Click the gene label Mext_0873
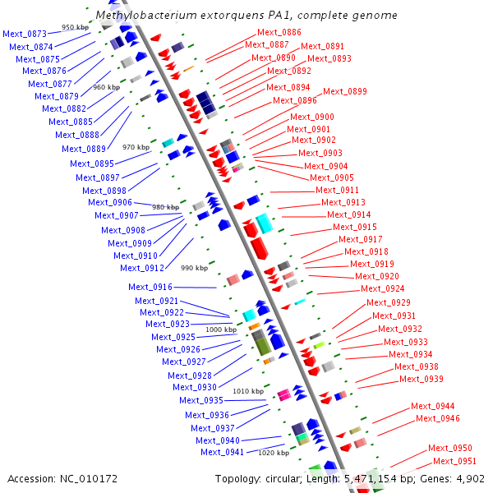25,34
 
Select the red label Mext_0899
345,91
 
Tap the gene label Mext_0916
150,287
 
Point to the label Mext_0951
455,461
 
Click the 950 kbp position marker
75,27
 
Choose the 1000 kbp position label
220,329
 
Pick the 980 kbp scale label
165,207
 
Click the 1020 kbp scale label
274,453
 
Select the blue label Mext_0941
222,452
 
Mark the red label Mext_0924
383,288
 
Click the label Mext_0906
110,202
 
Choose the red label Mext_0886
267,32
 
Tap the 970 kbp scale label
136,147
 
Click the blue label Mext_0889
84,149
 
